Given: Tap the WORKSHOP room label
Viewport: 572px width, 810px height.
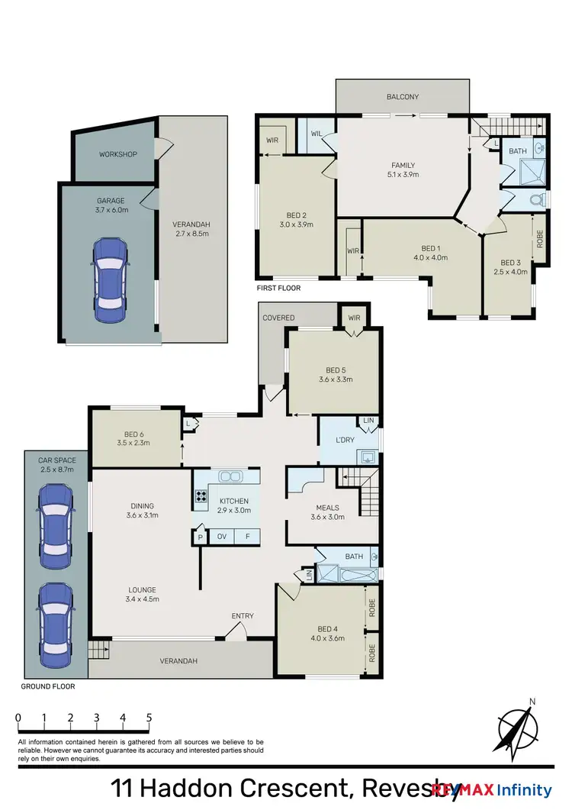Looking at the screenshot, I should (x=117, y=154).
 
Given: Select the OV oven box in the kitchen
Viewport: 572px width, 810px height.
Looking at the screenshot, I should (x=223, y=537).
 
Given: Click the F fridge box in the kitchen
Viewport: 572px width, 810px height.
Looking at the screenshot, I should (x=247, y=537).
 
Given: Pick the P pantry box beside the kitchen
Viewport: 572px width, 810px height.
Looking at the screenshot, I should (x=199, y=537).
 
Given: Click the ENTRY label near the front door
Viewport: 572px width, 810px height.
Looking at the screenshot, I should (x=243, y=616).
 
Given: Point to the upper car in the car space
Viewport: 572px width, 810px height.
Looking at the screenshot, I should (x=56, y=521).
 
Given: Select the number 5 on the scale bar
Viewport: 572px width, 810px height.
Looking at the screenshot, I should (x=149, y=718).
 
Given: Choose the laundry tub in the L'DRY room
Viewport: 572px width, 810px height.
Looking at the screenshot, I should (x=367, y=457).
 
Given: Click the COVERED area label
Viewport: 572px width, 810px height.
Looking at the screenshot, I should (x=278, y=318).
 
